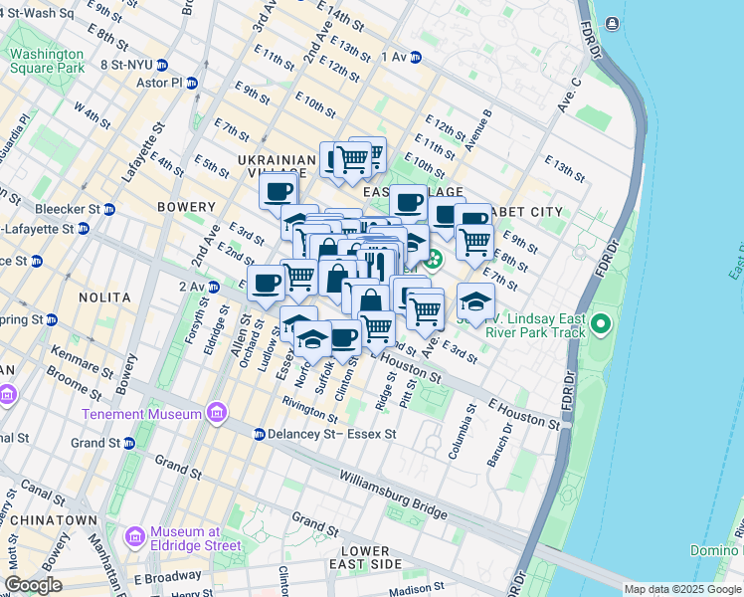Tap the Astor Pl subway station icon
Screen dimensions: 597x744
tap(191, 84)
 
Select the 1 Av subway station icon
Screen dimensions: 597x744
tap(415, 58)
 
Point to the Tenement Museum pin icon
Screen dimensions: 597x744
tap(216, 413)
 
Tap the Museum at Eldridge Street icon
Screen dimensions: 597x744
tap(135, 537)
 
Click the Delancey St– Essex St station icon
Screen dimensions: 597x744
tap(259, 434)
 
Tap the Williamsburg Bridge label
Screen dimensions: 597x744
tap(393, 495)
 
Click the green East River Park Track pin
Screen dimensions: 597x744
tap(601, 324)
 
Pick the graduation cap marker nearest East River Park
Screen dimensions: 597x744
tap(475, 301)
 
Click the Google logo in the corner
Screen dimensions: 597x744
tap(33, 585)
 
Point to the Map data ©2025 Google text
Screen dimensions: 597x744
tap(681, 589)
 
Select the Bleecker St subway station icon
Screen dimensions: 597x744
tap(108, 210)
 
